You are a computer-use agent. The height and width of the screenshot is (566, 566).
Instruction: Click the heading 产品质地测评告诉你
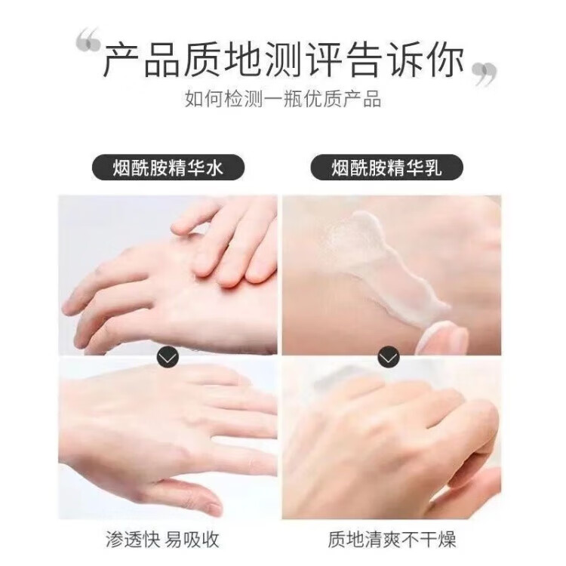283,60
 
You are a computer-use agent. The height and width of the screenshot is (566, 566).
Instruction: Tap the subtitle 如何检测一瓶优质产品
283,99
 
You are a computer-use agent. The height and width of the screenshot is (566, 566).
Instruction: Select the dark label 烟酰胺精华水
168,168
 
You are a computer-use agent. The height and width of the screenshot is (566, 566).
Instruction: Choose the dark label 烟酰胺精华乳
386,168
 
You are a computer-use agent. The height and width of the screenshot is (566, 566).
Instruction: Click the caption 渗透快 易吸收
163,540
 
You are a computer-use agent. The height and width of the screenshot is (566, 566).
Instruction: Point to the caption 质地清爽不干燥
392,540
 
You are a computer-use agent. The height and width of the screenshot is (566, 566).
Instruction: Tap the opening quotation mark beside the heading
88,40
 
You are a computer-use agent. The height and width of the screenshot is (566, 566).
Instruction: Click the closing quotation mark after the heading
484,75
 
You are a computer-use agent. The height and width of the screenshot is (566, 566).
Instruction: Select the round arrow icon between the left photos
168,357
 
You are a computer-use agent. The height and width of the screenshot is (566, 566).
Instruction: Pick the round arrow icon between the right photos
389,357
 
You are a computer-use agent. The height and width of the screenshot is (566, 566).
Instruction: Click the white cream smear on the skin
390,267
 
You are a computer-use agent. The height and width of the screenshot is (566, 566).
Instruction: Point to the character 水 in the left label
214,168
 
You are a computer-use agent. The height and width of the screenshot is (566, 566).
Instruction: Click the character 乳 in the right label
432,168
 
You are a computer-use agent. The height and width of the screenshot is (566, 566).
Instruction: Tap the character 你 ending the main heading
445,60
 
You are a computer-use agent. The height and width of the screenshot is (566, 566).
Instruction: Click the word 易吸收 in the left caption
192,540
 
